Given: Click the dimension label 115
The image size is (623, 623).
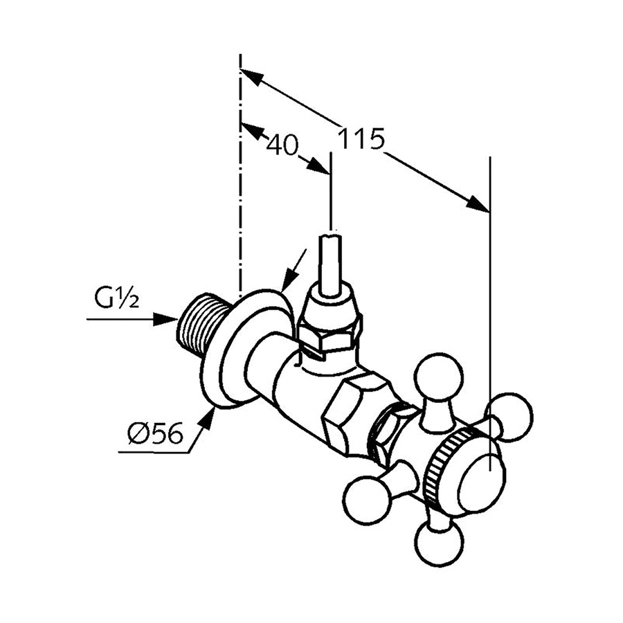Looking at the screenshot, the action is point(361,139).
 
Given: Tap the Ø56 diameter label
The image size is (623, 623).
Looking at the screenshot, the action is point(155,433).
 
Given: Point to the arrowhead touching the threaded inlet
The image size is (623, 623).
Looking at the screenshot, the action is point(165,319).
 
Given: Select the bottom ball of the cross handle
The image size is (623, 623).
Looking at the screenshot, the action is point(440,544).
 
